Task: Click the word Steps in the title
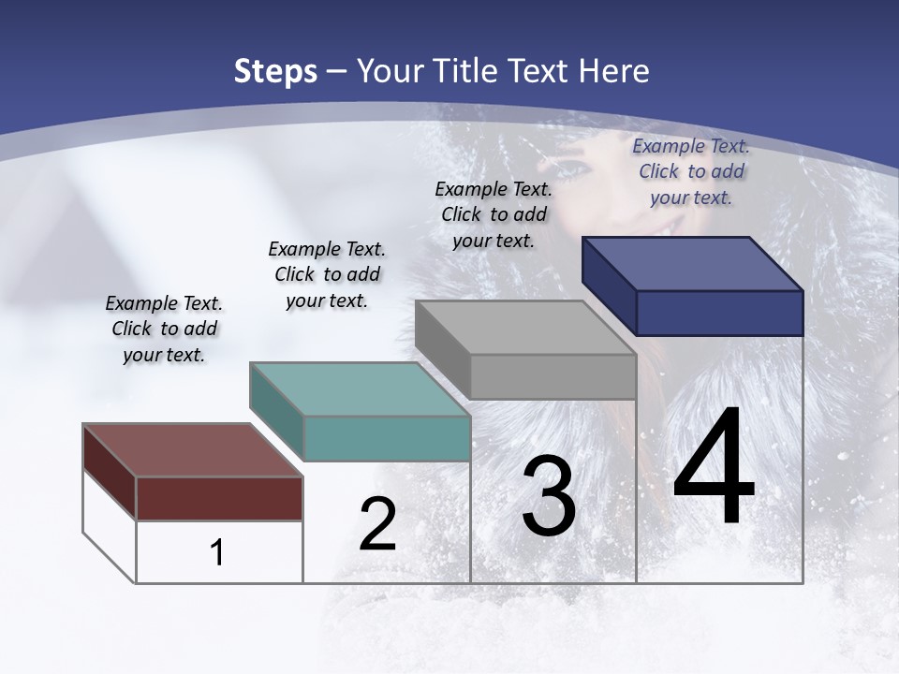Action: click(274, 71)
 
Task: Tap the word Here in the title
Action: click(613, 71)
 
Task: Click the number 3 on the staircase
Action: click(549, 497)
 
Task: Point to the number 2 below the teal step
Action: click(377, 524)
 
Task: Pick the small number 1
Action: click(217, 553)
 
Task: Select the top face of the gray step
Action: click(525, 328)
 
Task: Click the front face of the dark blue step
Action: click(719, 313)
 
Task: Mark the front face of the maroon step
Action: click(219, 498)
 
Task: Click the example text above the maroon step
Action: click(164, 330)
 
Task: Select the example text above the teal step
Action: click(327, 274)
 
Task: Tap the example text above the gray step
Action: click(494, 214)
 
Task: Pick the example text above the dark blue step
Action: click(691, 171)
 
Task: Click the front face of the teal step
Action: click(387, 438)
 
